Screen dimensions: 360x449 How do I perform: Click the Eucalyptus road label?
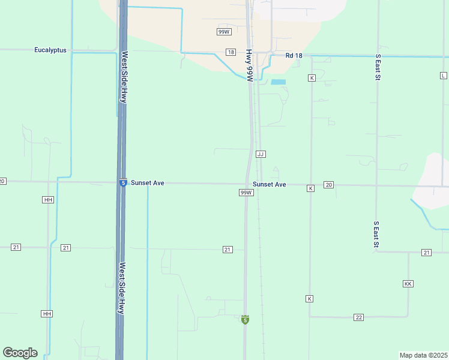tap(50, 50)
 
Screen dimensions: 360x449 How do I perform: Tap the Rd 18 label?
tap(294, 55)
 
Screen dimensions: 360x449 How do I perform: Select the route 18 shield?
tap(231, 52)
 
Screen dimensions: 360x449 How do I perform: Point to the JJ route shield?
tap(261, 154)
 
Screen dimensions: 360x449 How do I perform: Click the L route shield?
tap(444, 75)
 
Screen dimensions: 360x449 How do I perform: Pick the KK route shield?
tap(408, 283)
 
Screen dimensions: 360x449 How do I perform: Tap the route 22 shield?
tap(359, 317)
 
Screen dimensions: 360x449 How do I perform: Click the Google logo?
tap(20, 353)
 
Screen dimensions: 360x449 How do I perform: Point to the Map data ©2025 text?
tap(423, 355)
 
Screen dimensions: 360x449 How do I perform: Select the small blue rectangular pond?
tap(278, 82)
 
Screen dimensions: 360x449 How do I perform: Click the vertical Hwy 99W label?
tap(250, 65)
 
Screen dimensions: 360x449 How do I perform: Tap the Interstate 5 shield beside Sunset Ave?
tap(122, 183)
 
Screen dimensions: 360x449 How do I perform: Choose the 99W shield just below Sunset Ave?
tap(246, 193)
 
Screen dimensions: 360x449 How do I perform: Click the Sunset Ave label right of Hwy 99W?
tap(269, 184)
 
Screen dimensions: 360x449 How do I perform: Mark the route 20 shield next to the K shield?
tap(328, 184)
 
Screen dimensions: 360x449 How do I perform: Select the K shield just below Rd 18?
tap(312, 78)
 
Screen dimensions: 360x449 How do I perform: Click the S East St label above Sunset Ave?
tap(378, 67)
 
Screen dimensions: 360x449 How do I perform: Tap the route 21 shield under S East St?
tap(426, 253)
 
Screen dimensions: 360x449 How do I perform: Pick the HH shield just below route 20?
tap(48, 199)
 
